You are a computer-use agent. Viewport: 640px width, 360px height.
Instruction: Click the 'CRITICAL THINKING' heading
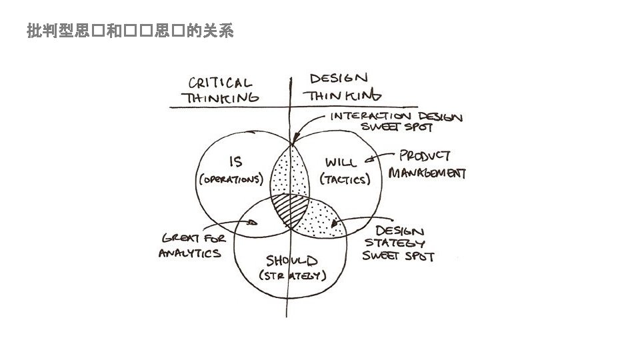pyautogui.click(x=222, y=91)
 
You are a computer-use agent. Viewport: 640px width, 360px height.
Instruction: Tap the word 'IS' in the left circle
pyautogui.click(x=235, y=161)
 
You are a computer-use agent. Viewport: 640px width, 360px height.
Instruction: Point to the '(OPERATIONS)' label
pyautogui.click(x=231, y=180)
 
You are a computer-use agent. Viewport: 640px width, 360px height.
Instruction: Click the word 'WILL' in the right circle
pyautogui.click(x=341, y=161)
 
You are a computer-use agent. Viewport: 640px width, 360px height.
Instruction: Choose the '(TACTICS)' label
pyautogui.click(x=345, y=179)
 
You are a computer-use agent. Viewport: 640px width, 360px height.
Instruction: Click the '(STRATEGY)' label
pyautogui.click(x=292, y=276)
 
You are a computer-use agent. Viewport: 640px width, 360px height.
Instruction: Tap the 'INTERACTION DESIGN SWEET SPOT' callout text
pyautogui.click(x=396, y=122)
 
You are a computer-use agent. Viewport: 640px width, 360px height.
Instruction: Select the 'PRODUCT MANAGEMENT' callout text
pyautogui.click(x=427, y=165)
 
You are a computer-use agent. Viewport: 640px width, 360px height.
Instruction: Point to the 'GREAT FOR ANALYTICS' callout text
pyautogui.click(x=192, y=245)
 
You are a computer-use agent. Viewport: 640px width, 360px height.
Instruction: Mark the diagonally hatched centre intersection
pyautogui.click(x=290, y=209)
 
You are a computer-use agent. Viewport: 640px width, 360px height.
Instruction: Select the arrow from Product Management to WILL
pyautogui.click(x=383, y=159)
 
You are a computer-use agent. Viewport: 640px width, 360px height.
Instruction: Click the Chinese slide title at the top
pyautogui.click(x=130, y=31)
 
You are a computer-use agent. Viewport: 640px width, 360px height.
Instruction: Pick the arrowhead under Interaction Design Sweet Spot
pyautogui.click(x=293, y=141)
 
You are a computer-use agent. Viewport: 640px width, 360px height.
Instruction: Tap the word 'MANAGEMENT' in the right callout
pyautogui.click(x=427, y=173)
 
